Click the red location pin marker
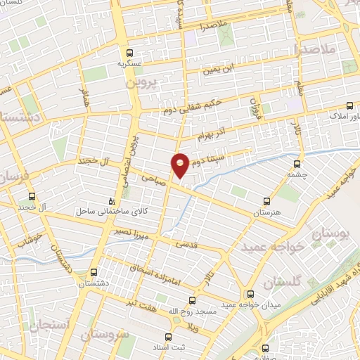click(x=181, y=165)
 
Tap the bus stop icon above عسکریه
click(x=129, y=53)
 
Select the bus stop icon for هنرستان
click(x=266, y=201)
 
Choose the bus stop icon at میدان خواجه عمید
click(x=251, y=294)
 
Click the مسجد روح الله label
click(x=170, y=311)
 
